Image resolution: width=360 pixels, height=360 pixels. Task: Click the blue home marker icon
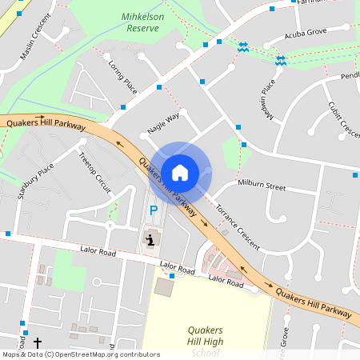coord(180,172)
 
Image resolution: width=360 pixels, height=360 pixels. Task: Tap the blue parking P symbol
coord(154,211)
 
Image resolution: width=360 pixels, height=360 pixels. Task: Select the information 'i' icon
coord(150,238)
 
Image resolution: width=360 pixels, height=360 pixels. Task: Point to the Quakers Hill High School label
coord(205,341)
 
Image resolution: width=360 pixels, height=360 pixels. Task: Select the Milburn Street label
coord(262,186)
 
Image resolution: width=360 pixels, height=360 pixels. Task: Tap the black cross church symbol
coord(37,342)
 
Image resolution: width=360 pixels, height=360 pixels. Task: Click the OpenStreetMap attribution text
coord(81,354)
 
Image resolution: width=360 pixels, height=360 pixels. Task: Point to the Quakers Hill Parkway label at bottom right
coord(314,302)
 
